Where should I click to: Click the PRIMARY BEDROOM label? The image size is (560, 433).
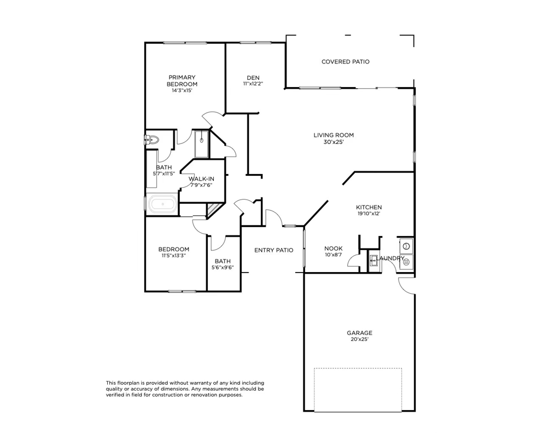[182, 80]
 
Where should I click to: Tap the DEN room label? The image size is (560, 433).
[253, 77]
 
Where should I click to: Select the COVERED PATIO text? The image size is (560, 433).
[345, 62]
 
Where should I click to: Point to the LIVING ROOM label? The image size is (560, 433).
[333, 135]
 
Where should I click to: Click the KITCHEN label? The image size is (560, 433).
[369, 207]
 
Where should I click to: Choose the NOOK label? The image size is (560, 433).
[333, 248]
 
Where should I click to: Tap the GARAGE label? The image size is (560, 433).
[359, 333]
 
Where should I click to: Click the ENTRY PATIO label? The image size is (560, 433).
[273, 250]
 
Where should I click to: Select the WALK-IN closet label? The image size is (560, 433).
[201, 179]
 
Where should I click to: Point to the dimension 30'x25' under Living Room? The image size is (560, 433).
[333, 142]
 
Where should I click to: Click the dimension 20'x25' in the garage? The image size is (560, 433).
[359, 339]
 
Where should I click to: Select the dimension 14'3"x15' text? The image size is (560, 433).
[182, 90]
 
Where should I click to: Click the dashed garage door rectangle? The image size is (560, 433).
[358, 389]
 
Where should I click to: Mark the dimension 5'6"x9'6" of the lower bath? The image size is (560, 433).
[223, 268]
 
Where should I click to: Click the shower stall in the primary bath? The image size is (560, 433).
[201, 144]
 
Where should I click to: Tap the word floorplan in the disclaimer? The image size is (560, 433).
[130, 383]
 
